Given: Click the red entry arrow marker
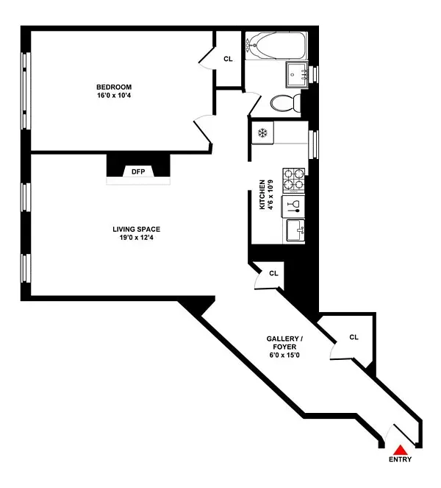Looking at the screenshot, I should (x=401, y=449).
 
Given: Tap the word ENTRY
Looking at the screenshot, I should (x=401, y=460).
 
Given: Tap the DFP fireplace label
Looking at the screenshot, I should (x=138, y=171).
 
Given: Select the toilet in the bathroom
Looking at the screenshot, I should (x=283, y=103).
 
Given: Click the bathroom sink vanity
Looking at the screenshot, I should (x=298, y=74).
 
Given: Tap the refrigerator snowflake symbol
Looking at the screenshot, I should (x=262, y=133).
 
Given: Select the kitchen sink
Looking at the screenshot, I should (x=296, y=231).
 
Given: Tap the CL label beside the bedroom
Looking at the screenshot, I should (x=228, y=59).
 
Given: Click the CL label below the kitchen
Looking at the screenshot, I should (x=273, y=273).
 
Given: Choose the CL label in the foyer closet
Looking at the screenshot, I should (x=354, y=337).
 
